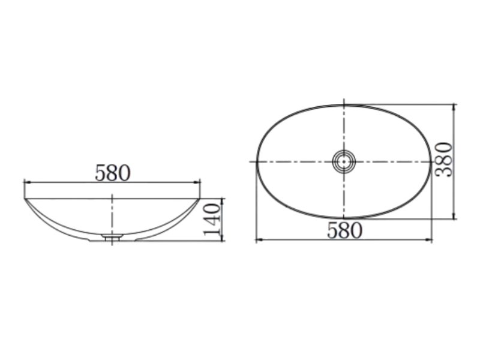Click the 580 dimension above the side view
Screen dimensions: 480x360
[x=113, y=173]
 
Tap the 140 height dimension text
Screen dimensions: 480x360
[x=212, y=219]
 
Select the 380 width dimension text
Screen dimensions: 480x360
[x=443, y=160]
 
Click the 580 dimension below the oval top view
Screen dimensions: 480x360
[x=344, y=230]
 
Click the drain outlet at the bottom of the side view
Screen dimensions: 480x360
[x=112, y=236]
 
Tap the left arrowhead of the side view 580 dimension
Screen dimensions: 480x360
[x=28, y=182]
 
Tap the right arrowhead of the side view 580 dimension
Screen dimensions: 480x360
[x=197, y=182]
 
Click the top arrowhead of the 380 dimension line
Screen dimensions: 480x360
[x=454, y=108]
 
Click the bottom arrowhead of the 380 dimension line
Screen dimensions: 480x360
[x=454, y=215]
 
